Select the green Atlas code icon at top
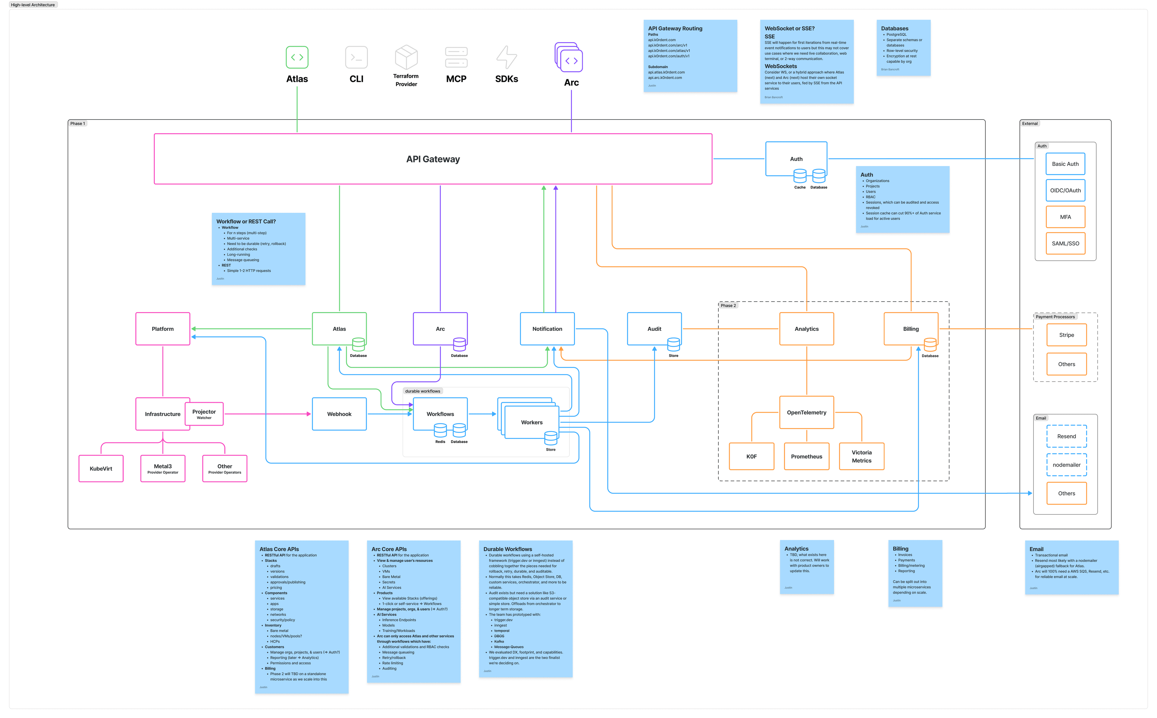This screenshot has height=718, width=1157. [x=297, y=58]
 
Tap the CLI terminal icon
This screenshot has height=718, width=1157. [x=356, y=58]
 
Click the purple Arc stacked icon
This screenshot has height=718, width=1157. [x=569, y=58]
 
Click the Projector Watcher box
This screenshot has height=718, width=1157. [x=204, y=414]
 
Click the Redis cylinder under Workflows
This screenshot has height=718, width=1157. [x=440, y=431]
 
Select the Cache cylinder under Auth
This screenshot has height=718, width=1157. [x=800, y=176]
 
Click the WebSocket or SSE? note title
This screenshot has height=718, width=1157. [x=789, y=29]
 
